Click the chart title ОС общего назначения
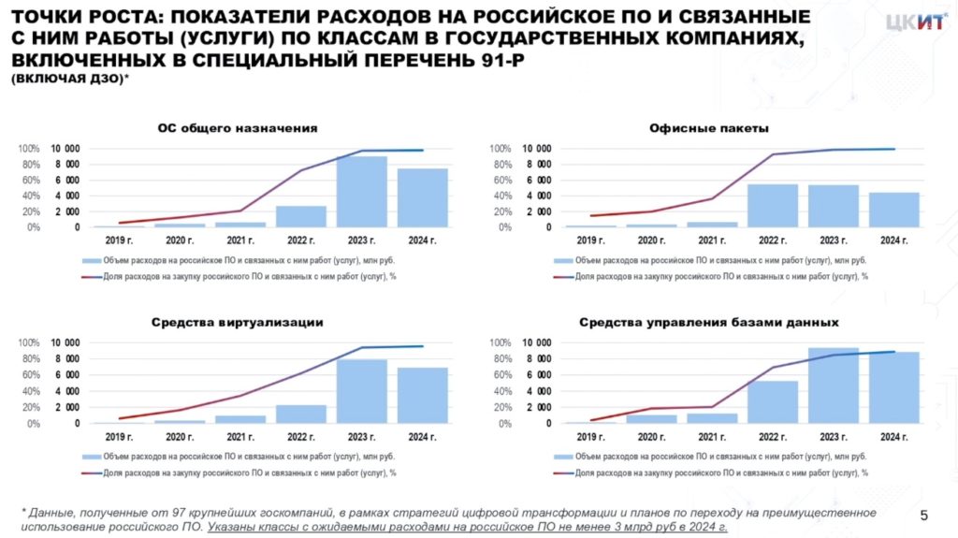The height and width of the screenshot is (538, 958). coord(238,128)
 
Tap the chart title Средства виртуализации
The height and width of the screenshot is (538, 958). coord(238,322)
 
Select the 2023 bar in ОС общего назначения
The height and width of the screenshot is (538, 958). coord(362,192)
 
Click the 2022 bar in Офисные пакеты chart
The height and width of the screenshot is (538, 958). coord(773,205)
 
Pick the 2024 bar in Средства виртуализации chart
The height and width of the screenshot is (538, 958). coord(423,395)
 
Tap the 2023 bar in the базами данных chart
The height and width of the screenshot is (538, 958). coord(834,385)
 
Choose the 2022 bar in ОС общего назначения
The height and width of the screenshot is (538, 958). coord(301,216)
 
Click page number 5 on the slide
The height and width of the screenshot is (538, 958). coord(924,516)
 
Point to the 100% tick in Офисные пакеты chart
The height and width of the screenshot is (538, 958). coord(501,150)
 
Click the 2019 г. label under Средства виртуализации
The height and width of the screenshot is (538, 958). coord(119,437)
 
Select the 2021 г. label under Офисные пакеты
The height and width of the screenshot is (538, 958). coord(712,241)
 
